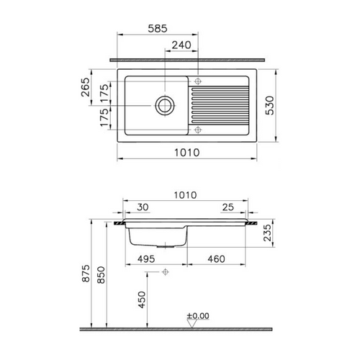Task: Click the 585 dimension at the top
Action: (158, 29)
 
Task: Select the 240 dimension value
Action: (181, 45)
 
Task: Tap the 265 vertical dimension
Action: (86, 87)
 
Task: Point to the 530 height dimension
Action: (269, 105)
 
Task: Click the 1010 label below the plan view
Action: (187, 153)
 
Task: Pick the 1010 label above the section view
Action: (185, 195)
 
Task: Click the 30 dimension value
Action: (143, 207)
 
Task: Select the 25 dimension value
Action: (228, 207)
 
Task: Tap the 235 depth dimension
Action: (267, 233)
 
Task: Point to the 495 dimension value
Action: (146, 259)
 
